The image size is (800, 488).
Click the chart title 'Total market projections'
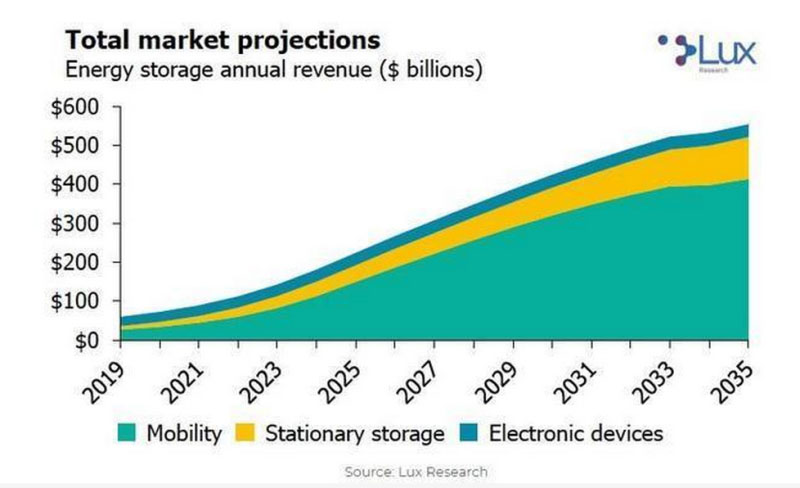[222, 40]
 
